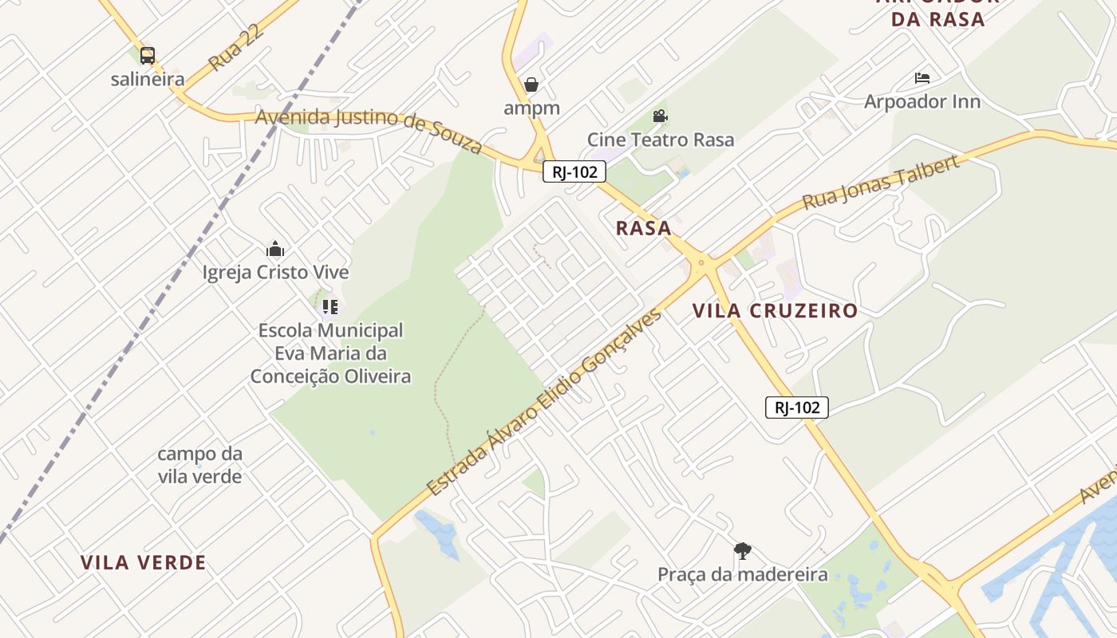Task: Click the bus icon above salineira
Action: [148, 56]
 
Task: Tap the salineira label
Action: [148, 80]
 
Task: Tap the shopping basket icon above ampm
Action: [531, 85]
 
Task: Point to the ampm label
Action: [531, 108]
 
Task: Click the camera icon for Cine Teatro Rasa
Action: [660, 116]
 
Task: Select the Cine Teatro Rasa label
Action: [661, 140]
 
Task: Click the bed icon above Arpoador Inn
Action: [922, 78]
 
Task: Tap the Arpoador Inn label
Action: [922, 102]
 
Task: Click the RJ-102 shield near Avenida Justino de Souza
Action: [574, 171]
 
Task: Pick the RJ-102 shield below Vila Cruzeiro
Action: [797, 408]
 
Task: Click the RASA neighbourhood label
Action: [643, 228]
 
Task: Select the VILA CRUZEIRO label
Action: [775, 311]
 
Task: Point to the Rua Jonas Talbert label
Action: [880, 183]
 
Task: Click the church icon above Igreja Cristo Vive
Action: [275, 249]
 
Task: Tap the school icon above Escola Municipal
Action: [330, 306]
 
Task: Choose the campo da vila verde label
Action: [199, 465]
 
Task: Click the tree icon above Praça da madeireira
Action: [743, 550]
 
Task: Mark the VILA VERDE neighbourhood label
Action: [144, 563]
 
